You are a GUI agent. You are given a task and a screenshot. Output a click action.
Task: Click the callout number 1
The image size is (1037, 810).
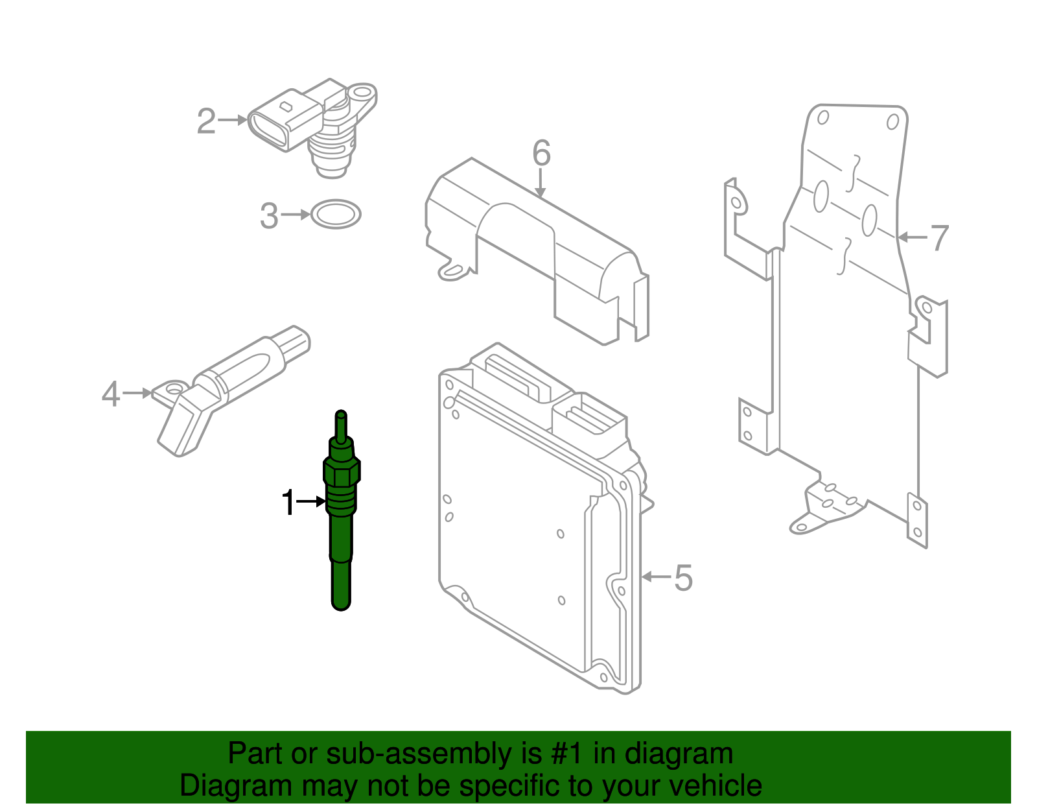pos(288,503)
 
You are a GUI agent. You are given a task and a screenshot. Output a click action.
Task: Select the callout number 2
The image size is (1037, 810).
pos(206,121)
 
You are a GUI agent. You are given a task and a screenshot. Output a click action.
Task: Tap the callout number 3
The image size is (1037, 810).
pos(269,216)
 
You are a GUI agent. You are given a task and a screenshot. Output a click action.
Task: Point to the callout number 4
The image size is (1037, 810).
pos(111,394)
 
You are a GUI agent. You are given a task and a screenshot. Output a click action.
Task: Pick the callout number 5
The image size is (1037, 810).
pos(683,578)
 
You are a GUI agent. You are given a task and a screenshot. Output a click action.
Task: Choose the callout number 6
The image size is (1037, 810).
pos(541,154)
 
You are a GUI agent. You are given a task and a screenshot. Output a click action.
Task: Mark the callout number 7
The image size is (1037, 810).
pos(940,238)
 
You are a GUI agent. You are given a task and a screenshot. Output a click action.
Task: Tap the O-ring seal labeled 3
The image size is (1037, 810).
pos(336,214)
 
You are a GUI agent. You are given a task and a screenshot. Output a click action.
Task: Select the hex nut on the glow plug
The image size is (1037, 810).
pos(342,472)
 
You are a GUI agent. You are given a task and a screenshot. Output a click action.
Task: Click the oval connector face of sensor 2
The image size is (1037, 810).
pos(268,130)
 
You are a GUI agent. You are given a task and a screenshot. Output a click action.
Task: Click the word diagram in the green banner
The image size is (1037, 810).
pos(679,754)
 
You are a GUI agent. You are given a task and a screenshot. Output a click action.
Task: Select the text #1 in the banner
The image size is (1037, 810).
pos(567,754)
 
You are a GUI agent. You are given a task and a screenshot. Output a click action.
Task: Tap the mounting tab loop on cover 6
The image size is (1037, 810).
pos(452,271)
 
